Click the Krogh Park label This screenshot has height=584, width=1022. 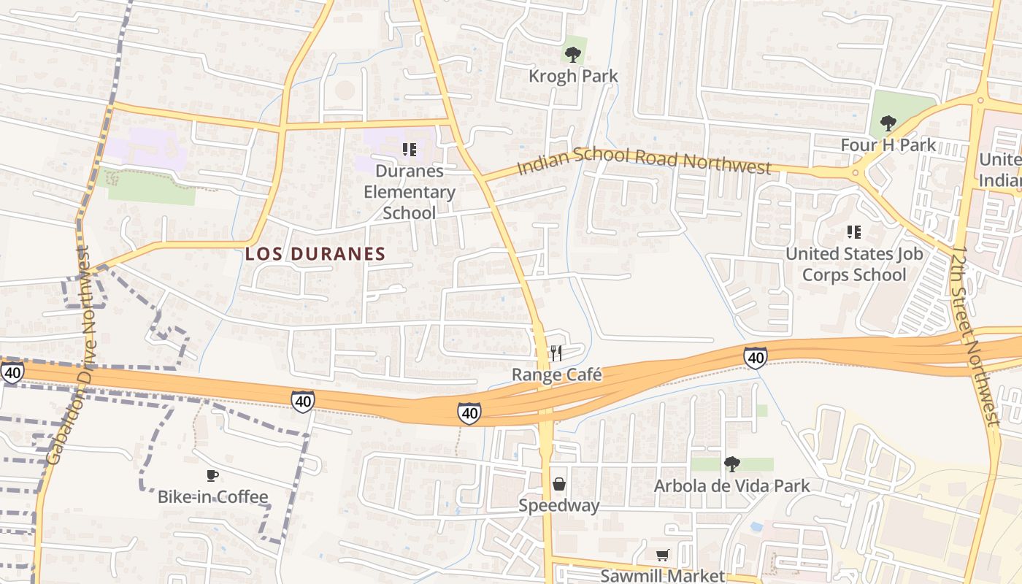click(572, 76)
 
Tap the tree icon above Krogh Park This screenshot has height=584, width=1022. click(573, 53)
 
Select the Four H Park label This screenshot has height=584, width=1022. click(888, 145)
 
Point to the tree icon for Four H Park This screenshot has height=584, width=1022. click(888, 123)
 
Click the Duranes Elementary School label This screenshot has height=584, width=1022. click(410, 192)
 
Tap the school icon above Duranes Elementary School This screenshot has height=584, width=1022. click(410, 150)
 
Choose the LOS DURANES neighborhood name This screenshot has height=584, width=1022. click(315, 254)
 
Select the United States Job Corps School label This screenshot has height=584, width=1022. click(853, 264)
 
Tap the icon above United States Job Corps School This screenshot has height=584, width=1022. click(853, 232)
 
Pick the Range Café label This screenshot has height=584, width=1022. click(556, 375)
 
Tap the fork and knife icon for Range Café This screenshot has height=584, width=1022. click(556, 353)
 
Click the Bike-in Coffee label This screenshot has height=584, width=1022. click(212, 497)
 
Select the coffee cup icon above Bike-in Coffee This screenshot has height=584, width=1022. click(212, 476)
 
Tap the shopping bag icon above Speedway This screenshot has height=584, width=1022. click(559, 484)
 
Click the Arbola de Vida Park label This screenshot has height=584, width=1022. click(731, 486)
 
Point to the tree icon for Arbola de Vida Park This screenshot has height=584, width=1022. click(731, 464)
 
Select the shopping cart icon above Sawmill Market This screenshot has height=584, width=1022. click(662, 556)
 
